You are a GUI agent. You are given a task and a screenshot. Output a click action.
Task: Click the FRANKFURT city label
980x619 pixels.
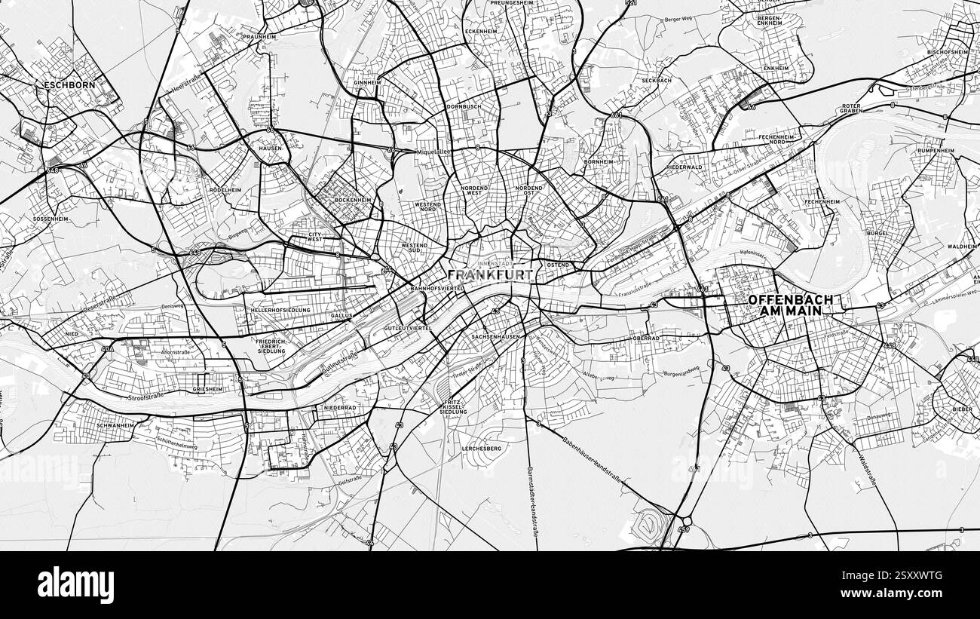pos(490,275)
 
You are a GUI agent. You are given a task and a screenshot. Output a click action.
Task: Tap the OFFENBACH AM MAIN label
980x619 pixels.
pos(790,305)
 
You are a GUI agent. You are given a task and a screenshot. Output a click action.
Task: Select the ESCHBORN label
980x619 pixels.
pos(69,85)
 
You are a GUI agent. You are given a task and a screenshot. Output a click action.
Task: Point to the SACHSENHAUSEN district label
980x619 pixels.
pos(495,336)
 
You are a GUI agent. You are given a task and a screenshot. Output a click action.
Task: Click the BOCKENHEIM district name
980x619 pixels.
pos(353,200)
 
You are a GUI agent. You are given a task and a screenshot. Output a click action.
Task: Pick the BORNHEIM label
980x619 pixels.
pos(599,161)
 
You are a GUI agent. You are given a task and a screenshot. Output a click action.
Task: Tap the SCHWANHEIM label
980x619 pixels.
pos(115,425)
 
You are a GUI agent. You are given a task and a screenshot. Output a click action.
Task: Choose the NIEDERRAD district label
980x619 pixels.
pos(339,407)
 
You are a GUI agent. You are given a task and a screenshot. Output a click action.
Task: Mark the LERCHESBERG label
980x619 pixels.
pos(481,449)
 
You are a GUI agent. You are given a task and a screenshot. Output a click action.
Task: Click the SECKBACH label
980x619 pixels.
pos(656,81)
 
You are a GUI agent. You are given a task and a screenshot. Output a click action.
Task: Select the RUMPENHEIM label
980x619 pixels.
pos(936,151)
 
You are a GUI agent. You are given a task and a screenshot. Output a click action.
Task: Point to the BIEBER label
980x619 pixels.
pos(962,408)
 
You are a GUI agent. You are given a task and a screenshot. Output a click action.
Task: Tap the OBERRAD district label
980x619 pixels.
pos(646,339)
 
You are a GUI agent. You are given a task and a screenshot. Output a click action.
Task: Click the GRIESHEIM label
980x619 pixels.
pos(207,389)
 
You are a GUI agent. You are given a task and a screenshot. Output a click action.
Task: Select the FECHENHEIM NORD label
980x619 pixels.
pos(777,139)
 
